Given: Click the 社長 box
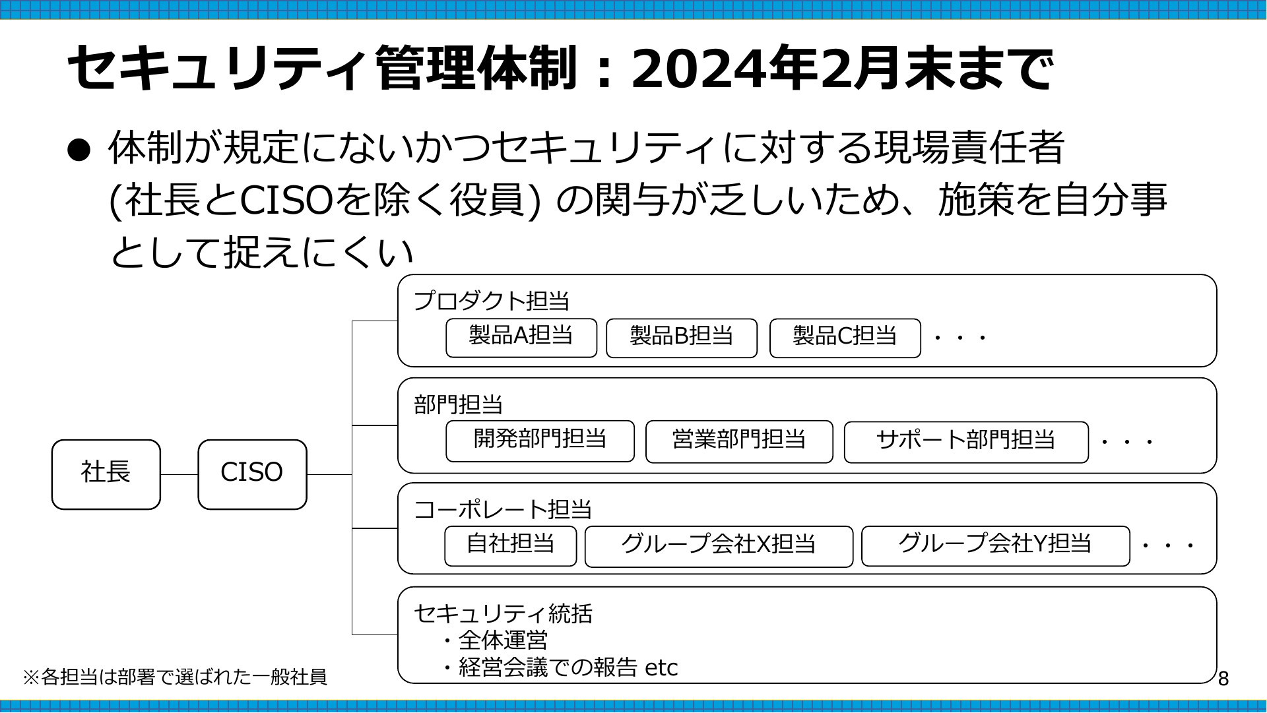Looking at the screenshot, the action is pyautogui.click(x=106, y=474).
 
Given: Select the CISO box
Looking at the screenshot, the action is pyautogui.click(x=252, y=474).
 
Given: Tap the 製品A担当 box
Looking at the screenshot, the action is pyautogui.click(x=521, y=338).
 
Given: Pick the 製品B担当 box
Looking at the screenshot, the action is pyautogui.click(x=682, y=338).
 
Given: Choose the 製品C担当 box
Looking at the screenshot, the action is pyautogui.click(x=845, y=338).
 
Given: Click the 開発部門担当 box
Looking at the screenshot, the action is pyautogui.click(x=540, y=441).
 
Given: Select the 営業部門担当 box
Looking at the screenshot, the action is pyautogui.click(x=739, y=441).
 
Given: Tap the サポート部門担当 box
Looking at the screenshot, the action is pyautogui.click(x=966, y=442).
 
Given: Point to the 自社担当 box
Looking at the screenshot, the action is pyautogui.click(x=510, y=546).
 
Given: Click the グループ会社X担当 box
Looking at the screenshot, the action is pyautogui.click(x=719, y=546).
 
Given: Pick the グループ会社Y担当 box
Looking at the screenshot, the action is pyautogui.click(x=995, y=546).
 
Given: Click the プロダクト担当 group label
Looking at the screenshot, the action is pyautogui.click(x=492, y=301).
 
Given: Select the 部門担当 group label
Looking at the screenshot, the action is pyautogui.click(x=459, y=404).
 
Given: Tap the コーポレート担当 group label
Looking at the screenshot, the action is pyautogui.click(x=503, y=509).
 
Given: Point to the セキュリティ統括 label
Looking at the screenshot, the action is pyautogui.click(x=503, y=613).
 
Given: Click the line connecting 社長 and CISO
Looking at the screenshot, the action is pyautogui.click(x=179, y=474).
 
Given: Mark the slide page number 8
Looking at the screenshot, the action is pyautogui.click(x=1223, y=679).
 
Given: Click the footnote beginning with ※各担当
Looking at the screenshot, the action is pyautogui.click(x=175, y=677).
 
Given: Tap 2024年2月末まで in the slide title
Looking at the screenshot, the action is pyautogui.click(x=841, y=69).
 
